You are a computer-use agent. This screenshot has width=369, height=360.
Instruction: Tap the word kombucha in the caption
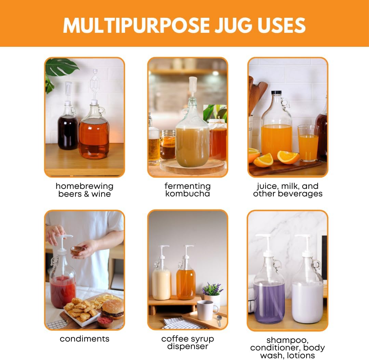tap(187, 194)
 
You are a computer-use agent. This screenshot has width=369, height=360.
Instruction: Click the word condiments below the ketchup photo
tap(84, 339)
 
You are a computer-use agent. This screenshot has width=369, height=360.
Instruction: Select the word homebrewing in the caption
tap(84, 186)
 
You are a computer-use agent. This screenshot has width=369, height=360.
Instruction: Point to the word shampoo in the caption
tap(287, 340)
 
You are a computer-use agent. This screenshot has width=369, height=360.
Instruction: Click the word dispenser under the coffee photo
tap(187, 346)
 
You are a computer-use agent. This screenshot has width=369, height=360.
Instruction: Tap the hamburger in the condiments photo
tap(113, 308)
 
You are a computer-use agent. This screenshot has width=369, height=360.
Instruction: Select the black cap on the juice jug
tap(276, 93)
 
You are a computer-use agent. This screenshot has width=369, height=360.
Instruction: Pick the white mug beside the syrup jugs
tap(207, 310)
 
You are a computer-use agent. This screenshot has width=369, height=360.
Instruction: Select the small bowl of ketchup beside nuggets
tap(105, 321)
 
